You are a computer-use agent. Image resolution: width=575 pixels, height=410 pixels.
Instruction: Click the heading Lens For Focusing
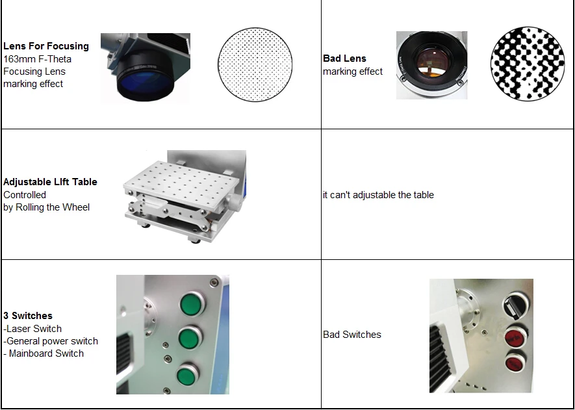46,46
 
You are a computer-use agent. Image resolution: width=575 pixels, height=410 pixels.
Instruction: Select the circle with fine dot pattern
255,64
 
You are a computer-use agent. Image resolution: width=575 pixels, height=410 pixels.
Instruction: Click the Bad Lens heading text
344,58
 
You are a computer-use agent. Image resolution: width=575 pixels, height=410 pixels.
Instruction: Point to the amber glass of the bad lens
433,61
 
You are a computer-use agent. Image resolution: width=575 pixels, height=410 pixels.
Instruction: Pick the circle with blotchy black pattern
528,64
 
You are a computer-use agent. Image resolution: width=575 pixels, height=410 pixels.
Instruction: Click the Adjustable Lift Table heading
50,182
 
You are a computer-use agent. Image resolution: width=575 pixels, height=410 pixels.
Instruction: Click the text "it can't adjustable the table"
378,195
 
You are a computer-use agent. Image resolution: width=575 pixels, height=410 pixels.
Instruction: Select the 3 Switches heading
28,316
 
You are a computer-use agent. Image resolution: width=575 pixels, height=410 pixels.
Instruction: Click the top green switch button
192,304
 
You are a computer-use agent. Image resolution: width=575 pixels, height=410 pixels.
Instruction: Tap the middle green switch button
190,338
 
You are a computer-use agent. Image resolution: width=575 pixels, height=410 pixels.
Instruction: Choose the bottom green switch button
187,374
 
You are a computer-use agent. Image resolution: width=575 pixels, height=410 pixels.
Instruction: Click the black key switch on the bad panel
516,305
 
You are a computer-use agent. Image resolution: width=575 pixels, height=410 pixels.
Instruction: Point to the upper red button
515,337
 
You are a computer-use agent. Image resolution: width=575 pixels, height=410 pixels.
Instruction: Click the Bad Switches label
352,335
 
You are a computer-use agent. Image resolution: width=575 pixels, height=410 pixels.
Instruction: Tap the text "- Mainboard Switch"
44,353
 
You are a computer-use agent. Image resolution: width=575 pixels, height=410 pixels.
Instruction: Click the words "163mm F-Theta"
38,59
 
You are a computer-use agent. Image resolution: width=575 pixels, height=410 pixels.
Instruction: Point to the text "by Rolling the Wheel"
47,207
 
